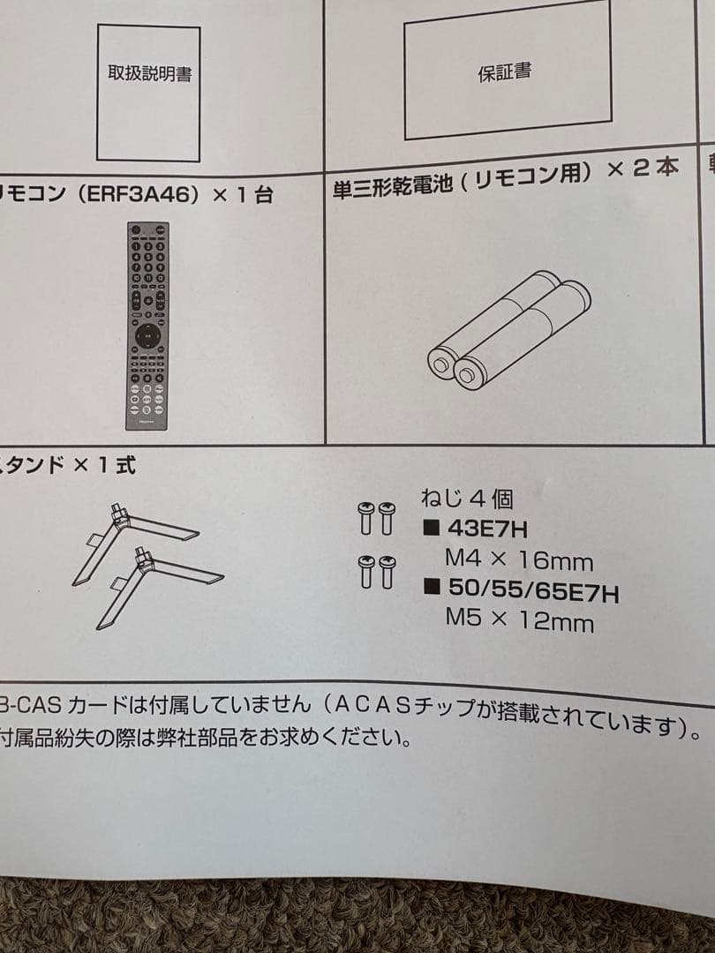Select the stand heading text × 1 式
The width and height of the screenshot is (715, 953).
tap(99, 465)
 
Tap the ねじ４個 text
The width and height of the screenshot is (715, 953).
tap(467, 499)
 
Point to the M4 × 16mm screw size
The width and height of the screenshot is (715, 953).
tap(519, 561)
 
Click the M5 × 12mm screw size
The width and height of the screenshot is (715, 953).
tap(519, 621)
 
